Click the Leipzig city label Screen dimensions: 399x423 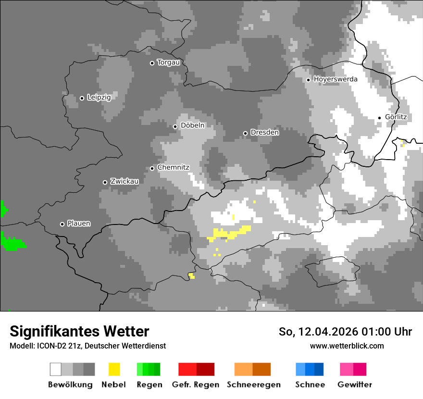click(99, 98)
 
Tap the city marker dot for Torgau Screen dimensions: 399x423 click(152, 63)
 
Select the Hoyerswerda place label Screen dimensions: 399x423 click(336, 79)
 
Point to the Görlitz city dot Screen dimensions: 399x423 click(379, 118)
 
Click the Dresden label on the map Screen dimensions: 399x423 click(264, 133)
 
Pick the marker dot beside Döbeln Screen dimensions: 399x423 click(175, 126)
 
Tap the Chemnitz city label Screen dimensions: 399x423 click(173, 168)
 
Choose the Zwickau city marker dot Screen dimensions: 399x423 click(105, 182)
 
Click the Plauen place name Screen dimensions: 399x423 click(79, 224)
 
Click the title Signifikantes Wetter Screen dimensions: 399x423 click(79, 332)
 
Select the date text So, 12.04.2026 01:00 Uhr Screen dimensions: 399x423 click(345, 332)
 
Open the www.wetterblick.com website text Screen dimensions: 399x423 click(347, 346)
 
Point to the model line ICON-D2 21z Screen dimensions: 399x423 click(87, 346)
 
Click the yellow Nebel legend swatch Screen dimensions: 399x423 click(114, 369)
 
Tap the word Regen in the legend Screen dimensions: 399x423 click(149, 385)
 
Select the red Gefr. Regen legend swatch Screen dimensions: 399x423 click(196, 369)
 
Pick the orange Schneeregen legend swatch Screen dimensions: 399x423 click(252, 369)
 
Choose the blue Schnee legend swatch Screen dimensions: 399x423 click(310, 369)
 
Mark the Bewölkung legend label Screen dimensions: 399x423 click(70, 385)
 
